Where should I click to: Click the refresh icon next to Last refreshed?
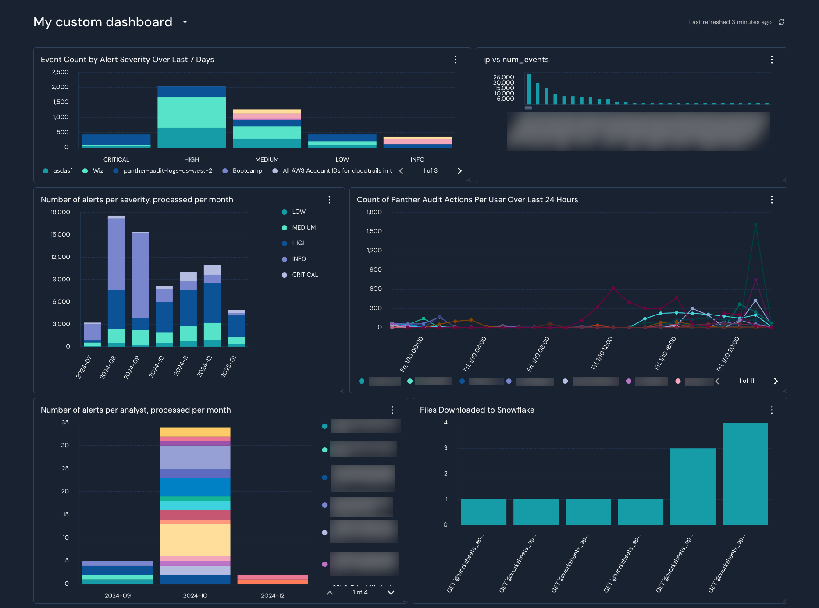click(781, 22)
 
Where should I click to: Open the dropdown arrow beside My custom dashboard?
click(185, 22)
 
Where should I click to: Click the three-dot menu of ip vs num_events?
click(772, 60)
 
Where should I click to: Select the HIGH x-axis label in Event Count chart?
click(192, 159)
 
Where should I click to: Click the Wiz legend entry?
click(97, 171)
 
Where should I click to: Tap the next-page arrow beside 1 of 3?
click(459, 171)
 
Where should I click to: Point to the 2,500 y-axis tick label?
click(60, 72)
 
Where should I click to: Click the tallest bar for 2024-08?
click(116, 254)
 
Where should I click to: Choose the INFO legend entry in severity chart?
click(299, 259)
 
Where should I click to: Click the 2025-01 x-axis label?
click(228, 367)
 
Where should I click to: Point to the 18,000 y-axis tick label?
click(60, 212)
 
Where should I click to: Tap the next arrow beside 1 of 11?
click(776, 381)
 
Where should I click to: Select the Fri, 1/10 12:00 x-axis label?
click(602, 353)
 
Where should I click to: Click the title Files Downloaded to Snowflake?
click(477, 410)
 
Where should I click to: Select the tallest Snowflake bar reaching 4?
click(745, 473)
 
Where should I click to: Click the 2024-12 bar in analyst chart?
click(272, 579)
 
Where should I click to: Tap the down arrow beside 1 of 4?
click(391, 593)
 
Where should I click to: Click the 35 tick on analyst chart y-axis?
click(65, 423)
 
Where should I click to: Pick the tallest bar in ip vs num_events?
click(529, 89)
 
